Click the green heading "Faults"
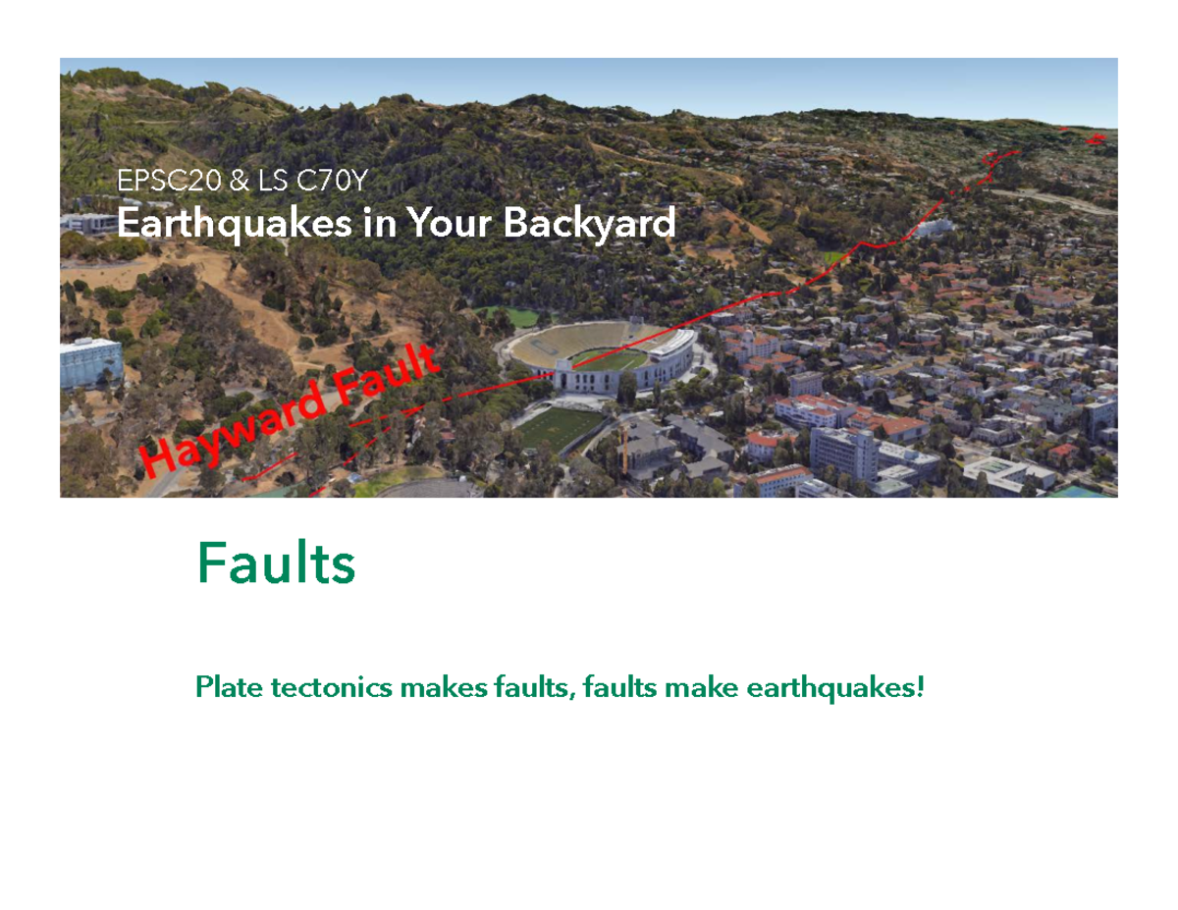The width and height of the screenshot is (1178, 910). coord(276,564)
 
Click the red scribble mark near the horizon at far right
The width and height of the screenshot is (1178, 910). coord(1097,138)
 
